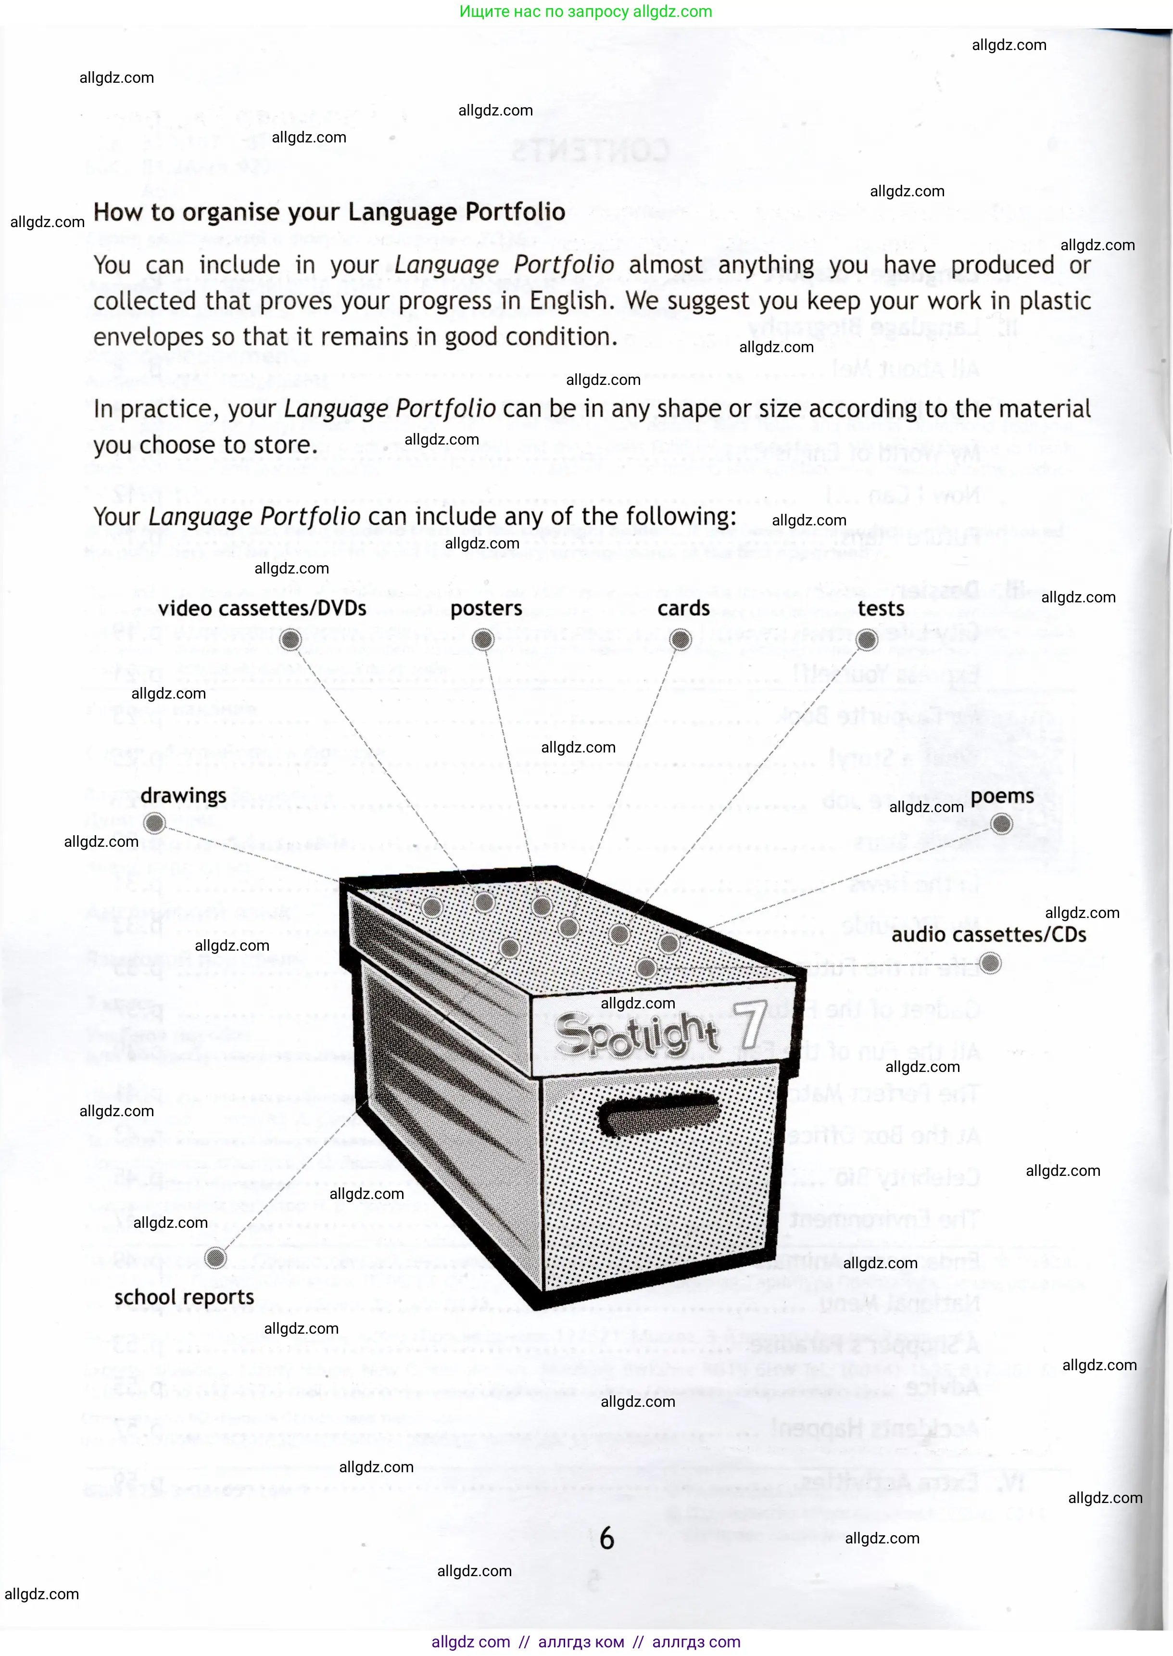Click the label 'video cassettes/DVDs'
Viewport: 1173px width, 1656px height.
pos(262,608)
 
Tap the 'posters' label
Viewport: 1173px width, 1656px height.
pos(486,608)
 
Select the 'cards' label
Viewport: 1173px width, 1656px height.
pos(683,608)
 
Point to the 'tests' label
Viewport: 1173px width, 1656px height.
pos(881,608)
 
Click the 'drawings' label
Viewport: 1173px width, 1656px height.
pos(183,795)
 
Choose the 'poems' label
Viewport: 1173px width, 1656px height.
pos(1002,795)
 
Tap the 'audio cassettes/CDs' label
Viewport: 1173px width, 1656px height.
pos(988,934)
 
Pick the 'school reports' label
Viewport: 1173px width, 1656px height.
pos(184,1297)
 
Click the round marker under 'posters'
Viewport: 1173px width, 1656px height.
pos(482,639)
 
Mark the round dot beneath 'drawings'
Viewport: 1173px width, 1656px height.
pos(154,823)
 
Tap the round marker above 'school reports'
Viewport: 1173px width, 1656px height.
pos(215,1258)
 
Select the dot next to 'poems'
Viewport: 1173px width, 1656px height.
pos(1001,824)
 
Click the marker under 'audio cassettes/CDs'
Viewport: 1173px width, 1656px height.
pos(990,963)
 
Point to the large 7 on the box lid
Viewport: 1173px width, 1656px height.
pos(749,1025)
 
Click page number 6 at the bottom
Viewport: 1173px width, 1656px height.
pos(607,1538)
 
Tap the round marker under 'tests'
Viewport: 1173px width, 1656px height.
pos(866,639)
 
